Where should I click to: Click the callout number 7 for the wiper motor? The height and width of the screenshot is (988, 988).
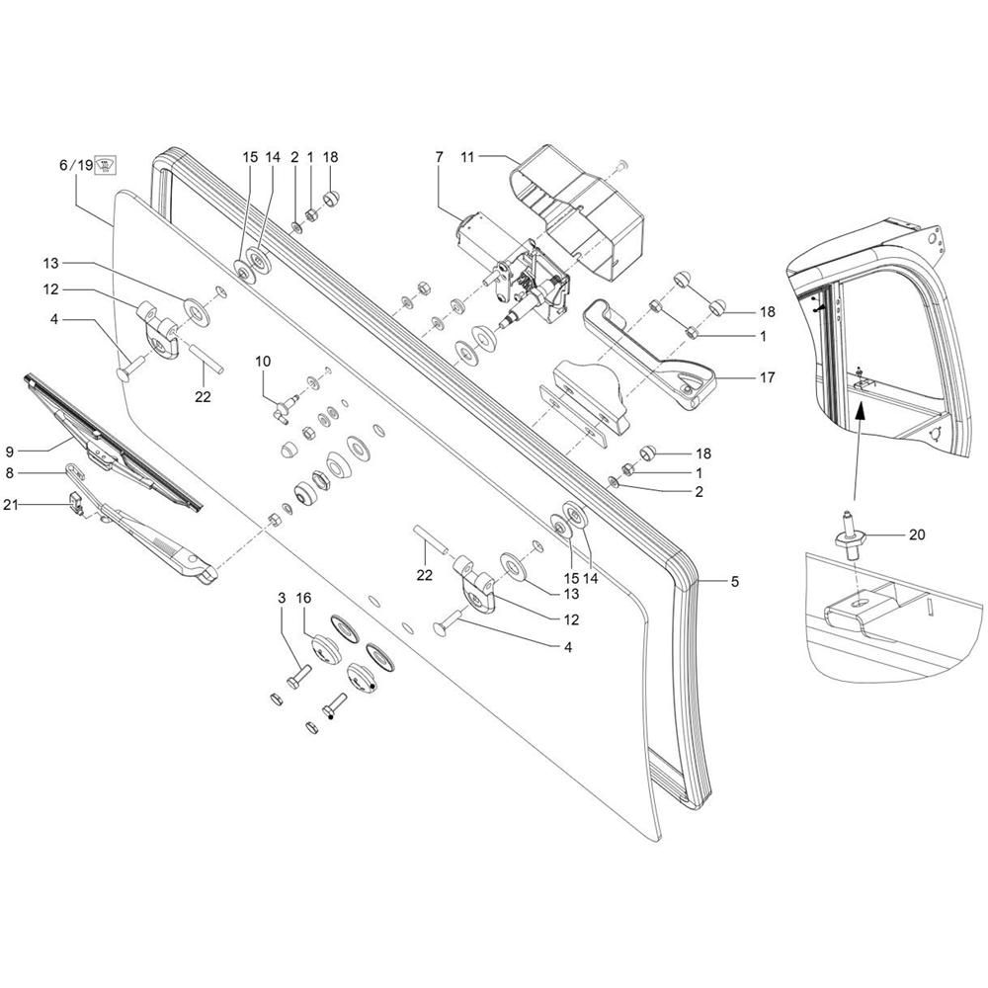point(440,156)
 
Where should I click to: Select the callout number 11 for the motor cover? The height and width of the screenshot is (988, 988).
point(467,156)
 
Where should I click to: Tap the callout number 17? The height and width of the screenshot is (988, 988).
point(767,377)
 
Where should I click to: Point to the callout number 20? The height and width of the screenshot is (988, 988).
point(917,535)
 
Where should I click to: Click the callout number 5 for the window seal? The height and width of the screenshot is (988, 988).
point(735,582)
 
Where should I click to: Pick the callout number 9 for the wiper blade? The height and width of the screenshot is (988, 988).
point(10,452)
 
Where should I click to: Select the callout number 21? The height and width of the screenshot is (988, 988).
point(11,504)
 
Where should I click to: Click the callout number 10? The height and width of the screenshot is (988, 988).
point(263,361)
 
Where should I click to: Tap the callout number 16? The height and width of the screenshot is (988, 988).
point(303,598)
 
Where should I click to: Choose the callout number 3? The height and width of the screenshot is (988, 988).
point(282,598)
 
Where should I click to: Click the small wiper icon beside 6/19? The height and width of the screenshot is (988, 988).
point(106,166)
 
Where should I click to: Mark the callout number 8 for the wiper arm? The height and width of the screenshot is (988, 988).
point(10,472)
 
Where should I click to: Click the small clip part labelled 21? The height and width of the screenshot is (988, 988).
point(77,504)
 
